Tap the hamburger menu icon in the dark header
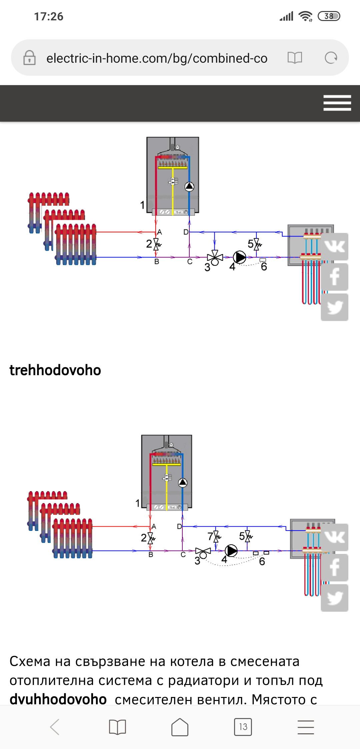pos(337,103)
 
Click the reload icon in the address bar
pos(331,58)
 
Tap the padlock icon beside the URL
pos(29,58)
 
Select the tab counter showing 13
pos(243,727)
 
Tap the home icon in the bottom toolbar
pos(180,727)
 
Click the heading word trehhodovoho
pos(55,370)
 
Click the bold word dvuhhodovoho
pos(58,699)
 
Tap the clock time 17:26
pos(49,16)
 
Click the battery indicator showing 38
pos(329,16)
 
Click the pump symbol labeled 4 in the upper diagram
pos(239,257)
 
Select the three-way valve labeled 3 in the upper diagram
pos(215,257)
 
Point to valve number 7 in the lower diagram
pos(216,536)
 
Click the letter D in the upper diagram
pos(186,232)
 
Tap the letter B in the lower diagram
pos(151,555)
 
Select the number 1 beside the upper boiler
pos(142,205)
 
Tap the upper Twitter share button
pos(334,307)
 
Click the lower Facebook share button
pos(334,568)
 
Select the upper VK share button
pos(334,247)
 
